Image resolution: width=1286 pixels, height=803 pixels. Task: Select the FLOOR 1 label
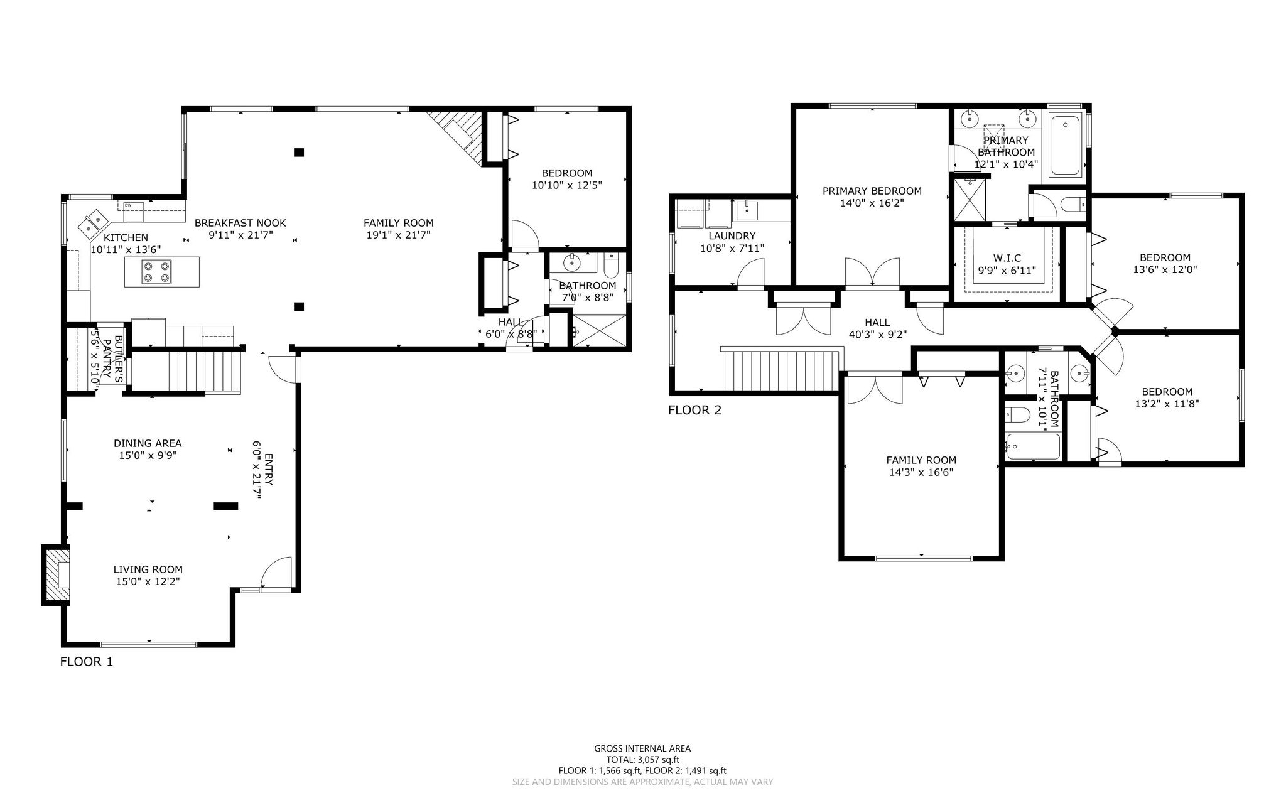pyautogui.click(x=87, y=661)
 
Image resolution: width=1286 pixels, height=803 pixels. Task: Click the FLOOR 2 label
pyautogui.click(x=694, y=411)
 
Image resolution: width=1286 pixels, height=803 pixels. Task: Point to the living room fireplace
pyautogui.click(x=56, y=575)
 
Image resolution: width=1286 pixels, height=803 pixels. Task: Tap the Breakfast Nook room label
pyautogui.click(x=240, y=223)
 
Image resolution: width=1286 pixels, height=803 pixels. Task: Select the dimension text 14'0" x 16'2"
pyautogui.click(x=872, y=203)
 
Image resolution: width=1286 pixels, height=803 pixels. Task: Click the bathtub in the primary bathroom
pyautogui.click(x=1066, y=146)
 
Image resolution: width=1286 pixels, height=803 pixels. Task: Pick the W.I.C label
pyautogui.click(x=1007, y=258)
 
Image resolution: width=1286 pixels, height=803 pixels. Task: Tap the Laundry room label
pyautogui.click(x=732, y=236)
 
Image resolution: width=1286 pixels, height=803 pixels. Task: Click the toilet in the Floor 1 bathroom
pyautogui.click(x=611, y=266)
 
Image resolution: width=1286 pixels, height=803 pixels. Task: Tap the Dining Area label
pyautogui.click(x=148, y=444)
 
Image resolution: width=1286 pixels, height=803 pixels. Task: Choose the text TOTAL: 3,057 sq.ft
pyautogui.click(x=642, y=760)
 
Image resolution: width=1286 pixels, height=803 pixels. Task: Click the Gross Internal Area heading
pyautogui.click(x=642, y=748)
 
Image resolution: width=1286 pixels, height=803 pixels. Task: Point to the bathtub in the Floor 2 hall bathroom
pyautogui.click(x=1033, y=447)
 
